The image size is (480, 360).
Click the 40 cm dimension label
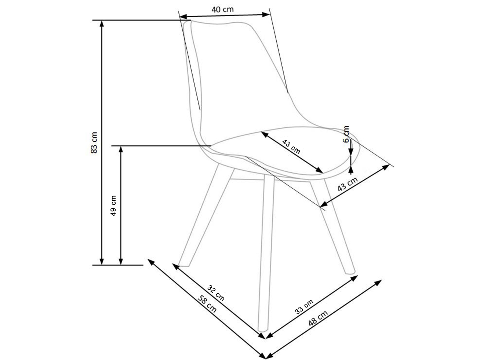point(222,10)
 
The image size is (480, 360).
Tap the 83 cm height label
point(94,142)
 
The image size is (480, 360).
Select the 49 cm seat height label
point(113,205)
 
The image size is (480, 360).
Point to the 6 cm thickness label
point(346,134)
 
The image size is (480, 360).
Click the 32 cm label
point(216,293)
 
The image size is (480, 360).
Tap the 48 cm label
point(318,318)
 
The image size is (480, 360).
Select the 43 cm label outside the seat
point(347,185)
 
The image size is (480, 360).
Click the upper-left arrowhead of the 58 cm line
point(150,261)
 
